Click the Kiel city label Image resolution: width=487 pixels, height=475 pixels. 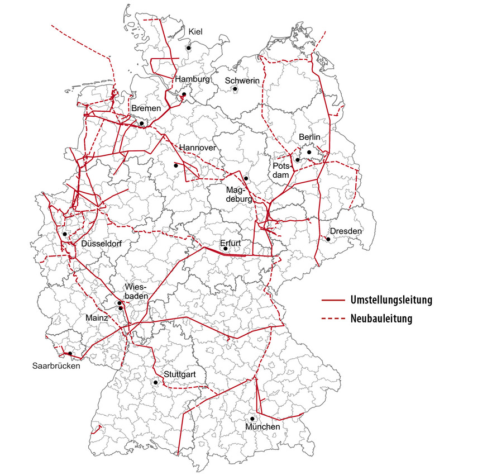tap(196, 31)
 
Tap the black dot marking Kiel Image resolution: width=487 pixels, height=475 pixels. tap(189, 48)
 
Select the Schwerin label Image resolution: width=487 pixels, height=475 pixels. tap(242, 81)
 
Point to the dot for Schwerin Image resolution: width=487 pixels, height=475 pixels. tap(236, 89)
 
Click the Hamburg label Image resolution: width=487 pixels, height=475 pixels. tap(192, 79)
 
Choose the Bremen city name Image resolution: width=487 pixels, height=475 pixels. tap(146, 108)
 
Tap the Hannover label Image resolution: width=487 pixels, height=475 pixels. tap(197, 148)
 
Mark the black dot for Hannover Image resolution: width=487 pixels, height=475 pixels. tap(176, 165)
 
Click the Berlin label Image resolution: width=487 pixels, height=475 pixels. tap(310, 137)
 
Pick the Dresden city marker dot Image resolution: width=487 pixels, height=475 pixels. tap(328, 240)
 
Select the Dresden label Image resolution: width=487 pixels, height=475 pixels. tap(345, 231)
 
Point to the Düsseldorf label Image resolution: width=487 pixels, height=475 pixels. tap(102, 244)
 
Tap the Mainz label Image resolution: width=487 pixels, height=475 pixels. tap(97, 317)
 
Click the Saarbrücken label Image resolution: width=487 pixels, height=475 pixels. tap(56, 367)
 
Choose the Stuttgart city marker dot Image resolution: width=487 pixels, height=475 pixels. tap(155, 382)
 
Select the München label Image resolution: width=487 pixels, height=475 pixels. tap(262, 427)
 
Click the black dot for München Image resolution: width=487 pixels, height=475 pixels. tap(252, 419)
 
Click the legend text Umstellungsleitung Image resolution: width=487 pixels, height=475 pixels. tap(391, 300)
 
